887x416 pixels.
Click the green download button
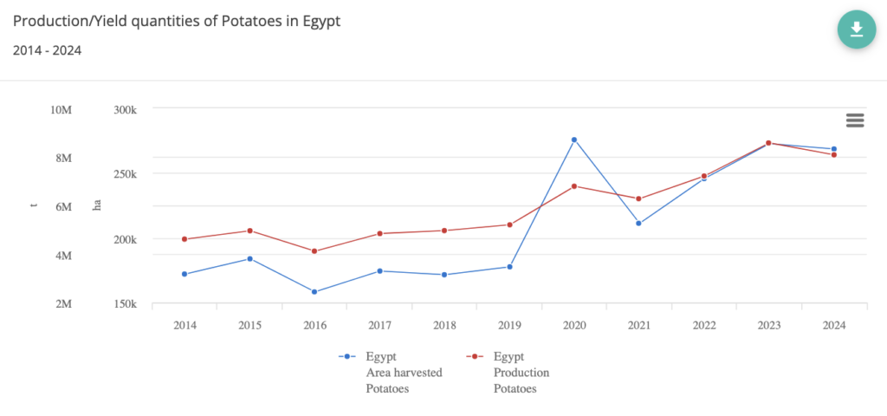coord(856,29)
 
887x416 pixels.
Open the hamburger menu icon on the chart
coord(855,120)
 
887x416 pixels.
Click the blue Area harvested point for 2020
coord(574,140)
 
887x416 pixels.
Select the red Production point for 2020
coord(574,186)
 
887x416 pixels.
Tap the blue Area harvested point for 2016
coord(314,292)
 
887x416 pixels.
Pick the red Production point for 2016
coord(314,251)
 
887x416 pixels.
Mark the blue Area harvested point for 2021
coord(639,224)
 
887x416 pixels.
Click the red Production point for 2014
coord(185,239)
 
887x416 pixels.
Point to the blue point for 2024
coord(834,149)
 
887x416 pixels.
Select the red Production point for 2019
coord(509,225)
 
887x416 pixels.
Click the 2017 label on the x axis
coord(379,325)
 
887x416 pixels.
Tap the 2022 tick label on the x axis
coord(704,325)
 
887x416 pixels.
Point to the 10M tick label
coord(61,109)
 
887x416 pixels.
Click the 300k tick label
coord(126,109)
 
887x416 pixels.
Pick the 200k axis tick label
coord(126,239)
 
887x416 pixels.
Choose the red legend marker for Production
coord(474,356)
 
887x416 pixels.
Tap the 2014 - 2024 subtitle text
coord(48,50)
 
